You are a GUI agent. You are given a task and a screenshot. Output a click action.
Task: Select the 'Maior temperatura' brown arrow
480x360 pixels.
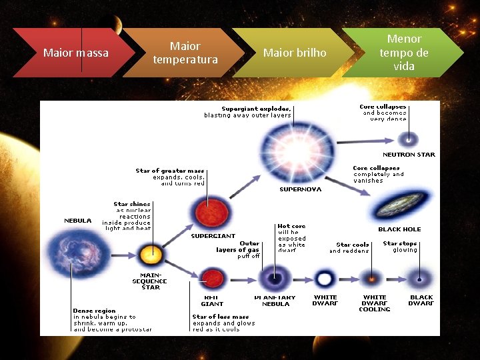point(185,53)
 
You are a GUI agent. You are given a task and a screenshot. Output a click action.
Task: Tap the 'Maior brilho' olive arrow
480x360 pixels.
point(295,53)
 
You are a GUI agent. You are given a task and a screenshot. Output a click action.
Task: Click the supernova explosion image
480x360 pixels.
point(291,148)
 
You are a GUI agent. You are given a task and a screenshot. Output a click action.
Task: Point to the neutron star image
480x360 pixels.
point(408,139)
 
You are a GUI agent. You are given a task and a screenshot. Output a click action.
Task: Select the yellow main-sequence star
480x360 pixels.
point(151,254)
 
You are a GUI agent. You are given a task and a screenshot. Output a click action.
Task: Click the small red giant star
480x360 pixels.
point(212,277)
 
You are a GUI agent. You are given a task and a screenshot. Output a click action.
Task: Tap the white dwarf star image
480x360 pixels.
point(325,278)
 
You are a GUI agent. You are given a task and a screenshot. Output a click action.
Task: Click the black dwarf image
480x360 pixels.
point(420,278)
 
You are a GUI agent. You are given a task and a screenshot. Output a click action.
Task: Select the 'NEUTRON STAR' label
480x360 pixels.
point(409,155)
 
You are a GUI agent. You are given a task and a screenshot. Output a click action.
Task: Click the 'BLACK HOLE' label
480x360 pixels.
point(399,229)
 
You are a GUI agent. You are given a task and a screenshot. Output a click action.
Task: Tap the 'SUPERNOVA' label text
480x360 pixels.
point(300,189)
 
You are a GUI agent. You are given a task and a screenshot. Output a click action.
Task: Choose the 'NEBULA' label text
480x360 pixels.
point(77,220)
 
